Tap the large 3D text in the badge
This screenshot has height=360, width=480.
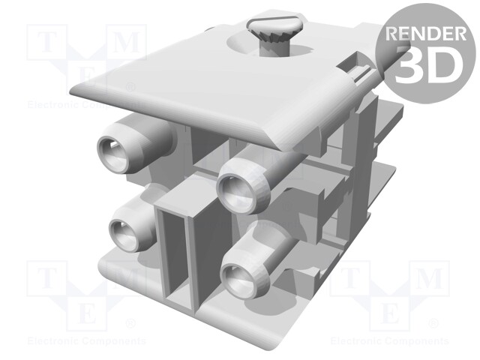(426, 64)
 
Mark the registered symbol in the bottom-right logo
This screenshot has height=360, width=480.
(433, 325)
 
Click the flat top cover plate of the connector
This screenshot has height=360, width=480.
(187, 82)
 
